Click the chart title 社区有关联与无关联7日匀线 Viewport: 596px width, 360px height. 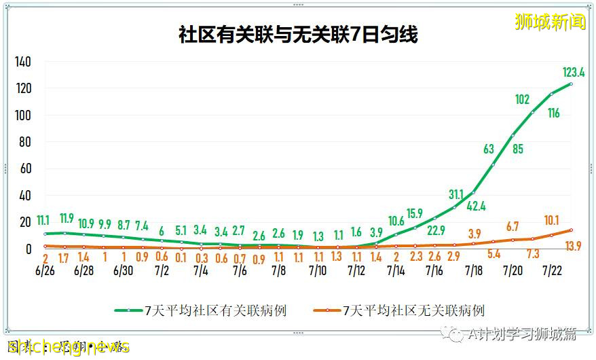click(x=298, y=35)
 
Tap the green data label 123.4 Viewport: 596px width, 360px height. click(x=574, y=72)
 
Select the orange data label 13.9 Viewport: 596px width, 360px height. click(x=574, y=245)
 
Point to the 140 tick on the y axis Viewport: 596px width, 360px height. click(x=23, y=62)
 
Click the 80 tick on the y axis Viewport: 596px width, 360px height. click(x=24, y=142)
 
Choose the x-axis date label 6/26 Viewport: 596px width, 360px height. click(x=45, y=270)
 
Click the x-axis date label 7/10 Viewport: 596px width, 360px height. click(x=318, y=270)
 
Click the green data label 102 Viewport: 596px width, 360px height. click(x=522, y=100)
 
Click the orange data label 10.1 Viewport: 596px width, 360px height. click(x=551, y=220)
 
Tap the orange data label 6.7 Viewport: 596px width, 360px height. click(x=513, y=226)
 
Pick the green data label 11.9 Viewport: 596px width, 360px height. click(x=66, y=218)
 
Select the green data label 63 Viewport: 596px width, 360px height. click(x=488, y=149)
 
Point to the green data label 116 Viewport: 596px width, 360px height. click(x=553, y=113)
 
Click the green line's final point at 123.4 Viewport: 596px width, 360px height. click(x=572, y=84)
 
